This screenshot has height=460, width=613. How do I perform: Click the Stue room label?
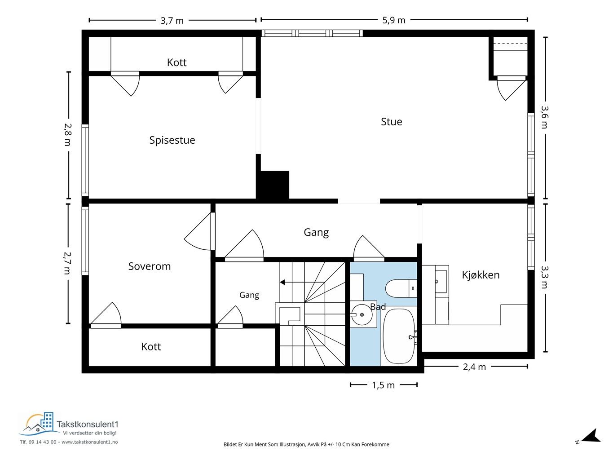[391, 122]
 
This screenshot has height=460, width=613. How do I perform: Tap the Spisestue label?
[172, 140]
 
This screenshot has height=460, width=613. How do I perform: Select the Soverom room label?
[150, 266]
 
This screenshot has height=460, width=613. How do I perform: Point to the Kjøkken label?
[481, 275]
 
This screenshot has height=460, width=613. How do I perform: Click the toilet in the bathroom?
[401, 288]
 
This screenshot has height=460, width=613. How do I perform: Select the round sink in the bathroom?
[362, 315]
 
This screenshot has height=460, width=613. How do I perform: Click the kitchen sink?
[441, 282]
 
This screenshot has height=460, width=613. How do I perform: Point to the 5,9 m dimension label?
[393, 20]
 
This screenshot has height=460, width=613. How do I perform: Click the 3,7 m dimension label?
[172, 21]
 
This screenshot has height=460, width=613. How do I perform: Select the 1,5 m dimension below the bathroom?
[383, 385]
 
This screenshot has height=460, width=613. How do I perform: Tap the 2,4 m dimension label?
[474, 367]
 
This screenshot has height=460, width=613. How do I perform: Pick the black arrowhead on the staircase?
[282, 283]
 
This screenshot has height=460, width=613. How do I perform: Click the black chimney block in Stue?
[273, 185]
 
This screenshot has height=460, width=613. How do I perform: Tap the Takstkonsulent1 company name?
[88, 425]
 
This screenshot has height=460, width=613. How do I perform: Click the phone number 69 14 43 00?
[42, 442]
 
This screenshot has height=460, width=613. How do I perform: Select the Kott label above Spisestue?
[176, 62]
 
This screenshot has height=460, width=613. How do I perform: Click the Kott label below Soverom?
[151, 347]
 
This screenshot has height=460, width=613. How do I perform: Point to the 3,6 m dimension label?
[545, 117]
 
